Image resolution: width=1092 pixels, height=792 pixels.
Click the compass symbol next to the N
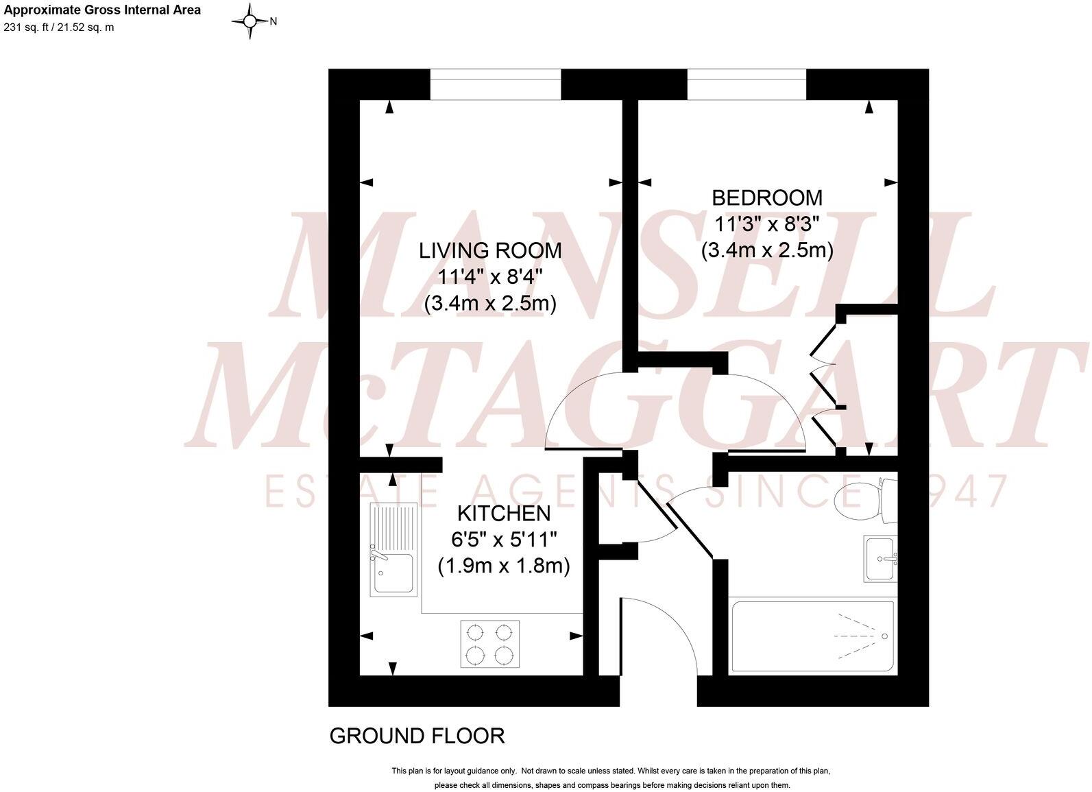click(250, 21)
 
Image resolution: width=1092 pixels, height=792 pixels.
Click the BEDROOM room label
click(766, 197)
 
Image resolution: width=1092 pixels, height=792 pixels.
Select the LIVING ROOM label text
click(490, 250)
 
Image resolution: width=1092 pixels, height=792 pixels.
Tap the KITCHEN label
click(504, 513)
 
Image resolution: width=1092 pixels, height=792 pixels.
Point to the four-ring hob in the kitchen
click(489, 644)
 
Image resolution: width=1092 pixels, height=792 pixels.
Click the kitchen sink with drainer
click(393, 549)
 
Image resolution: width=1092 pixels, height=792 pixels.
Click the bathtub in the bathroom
click(812, 636)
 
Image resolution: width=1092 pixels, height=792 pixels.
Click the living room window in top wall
click(496, 84)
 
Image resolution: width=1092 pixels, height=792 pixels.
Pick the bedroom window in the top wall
click(747, 84)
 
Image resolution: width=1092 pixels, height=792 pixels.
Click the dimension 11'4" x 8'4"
click(490, 277)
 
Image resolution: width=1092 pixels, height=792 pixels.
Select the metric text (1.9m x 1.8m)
click(504, 566)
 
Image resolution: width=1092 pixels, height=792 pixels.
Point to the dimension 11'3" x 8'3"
click(766, 224)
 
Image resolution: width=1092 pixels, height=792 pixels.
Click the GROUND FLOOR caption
click(417, 736)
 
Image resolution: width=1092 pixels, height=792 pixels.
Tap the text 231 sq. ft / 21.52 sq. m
click(59, 27)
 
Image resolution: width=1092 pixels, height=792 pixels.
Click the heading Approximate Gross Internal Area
click(102, 10)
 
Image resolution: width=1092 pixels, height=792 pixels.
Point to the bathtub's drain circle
click(885, 637)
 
